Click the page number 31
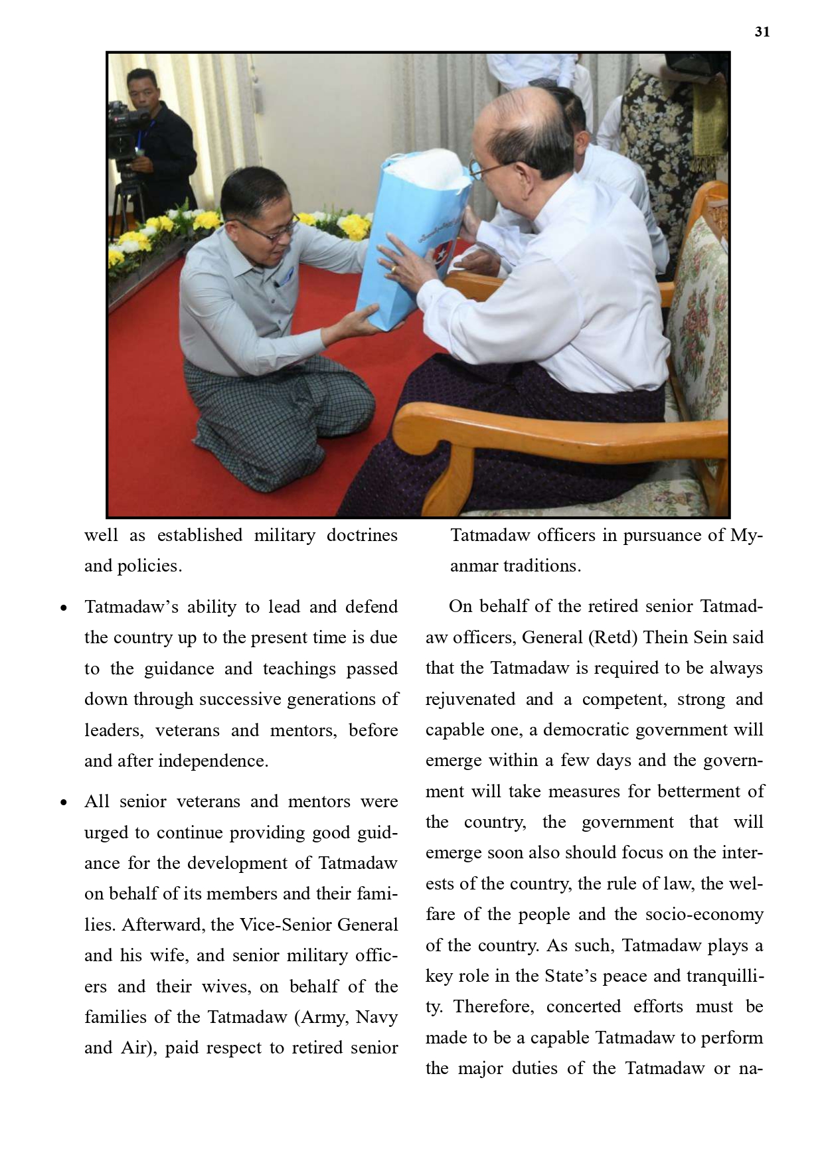click(762, 32)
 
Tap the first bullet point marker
click(64, 608)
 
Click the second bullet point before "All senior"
click(64, 803)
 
